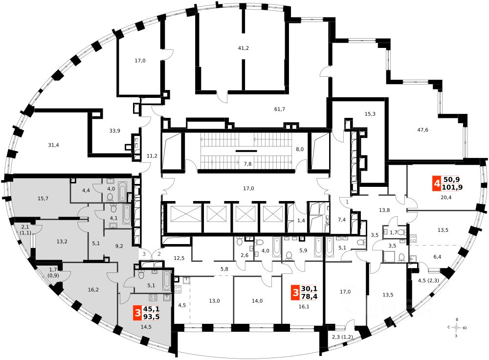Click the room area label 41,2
(243, 48)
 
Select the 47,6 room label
(423, 130)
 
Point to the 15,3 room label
(370, 114)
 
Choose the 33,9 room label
(115, 131)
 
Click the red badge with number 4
(436, 184)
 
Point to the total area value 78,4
(311, 296)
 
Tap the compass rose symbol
(457, 327)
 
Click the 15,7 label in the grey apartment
(43, 198)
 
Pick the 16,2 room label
(93, 290)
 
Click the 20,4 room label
(446, 199)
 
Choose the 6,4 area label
(437, 256)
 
